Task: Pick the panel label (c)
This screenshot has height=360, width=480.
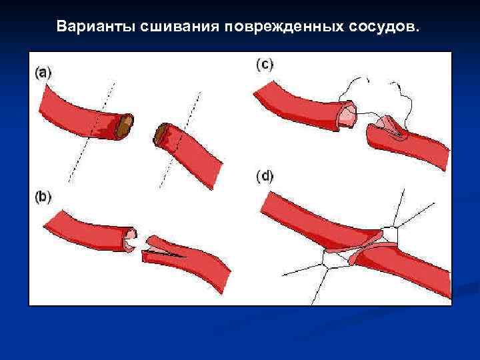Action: tap(265, 65)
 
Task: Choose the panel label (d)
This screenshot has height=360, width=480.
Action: tap(265, 177)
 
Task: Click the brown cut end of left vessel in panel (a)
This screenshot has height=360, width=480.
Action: tap(125, 127)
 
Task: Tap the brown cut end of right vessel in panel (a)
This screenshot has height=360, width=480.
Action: tap(161, 135)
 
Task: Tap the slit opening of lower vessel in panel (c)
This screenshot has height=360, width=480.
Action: tap(390, 127)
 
